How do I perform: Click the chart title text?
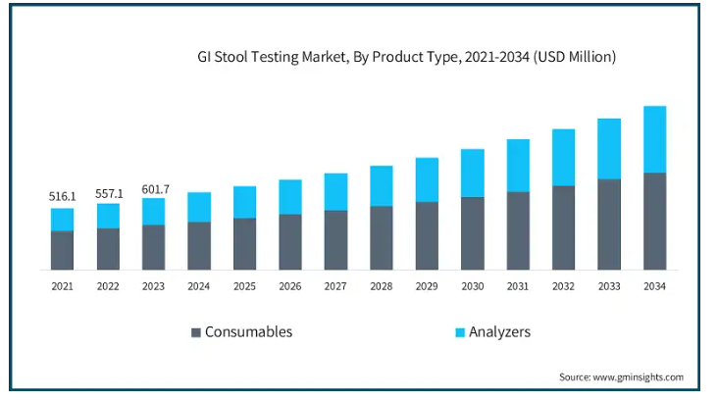407,57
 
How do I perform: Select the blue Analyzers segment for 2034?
655,139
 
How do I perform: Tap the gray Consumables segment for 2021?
62,250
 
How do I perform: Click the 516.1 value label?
62,197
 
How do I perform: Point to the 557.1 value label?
109,194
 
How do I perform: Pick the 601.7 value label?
156,189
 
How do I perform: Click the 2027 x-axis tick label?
335,286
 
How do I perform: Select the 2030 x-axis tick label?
473,286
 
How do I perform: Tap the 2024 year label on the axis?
199,286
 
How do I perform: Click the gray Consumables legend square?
196,332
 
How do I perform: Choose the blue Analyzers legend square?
460,332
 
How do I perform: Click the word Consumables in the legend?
248,331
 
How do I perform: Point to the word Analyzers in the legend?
499,331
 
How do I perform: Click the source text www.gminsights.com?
639,377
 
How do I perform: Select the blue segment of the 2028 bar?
382,186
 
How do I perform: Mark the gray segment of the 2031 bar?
518,230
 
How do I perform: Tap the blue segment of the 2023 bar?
153,212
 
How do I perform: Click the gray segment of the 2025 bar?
244,244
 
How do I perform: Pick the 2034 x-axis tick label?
655,286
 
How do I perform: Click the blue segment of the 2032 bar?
564,158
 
